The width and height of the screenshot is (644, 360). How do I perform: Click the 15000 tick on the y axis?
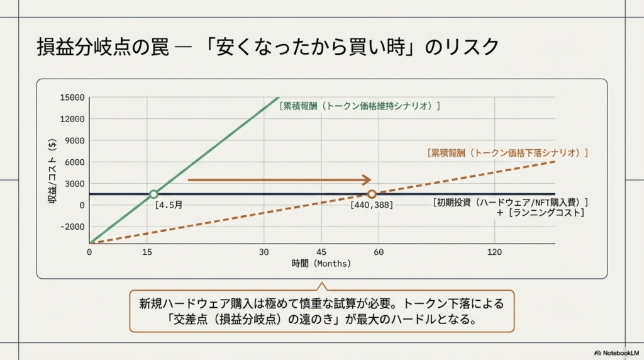pos(72,98)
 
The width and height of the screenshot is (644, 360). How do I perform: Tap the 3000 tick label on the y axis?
pos(74,183)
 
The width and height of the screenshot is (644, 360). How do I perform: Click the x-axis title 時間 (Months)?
pos(321,264)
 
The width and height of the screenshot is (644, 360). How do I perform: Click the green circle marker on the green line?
pos(153,194)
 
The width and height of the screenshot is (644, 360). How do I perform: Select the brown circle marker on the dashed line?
pos(372,194)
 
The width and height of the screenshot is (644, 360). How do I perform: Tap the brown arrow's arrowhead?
pos(367,180)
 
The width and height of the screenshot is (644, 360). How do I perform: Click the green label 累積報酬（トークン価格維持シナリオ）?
pos(359,106)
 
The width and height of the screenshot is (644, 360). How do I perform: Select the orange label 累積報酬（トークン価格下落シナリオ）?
pos(507,152)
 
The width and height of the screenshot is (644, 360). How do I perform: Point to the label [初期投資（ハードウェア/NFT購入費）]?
pos(510,202)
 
